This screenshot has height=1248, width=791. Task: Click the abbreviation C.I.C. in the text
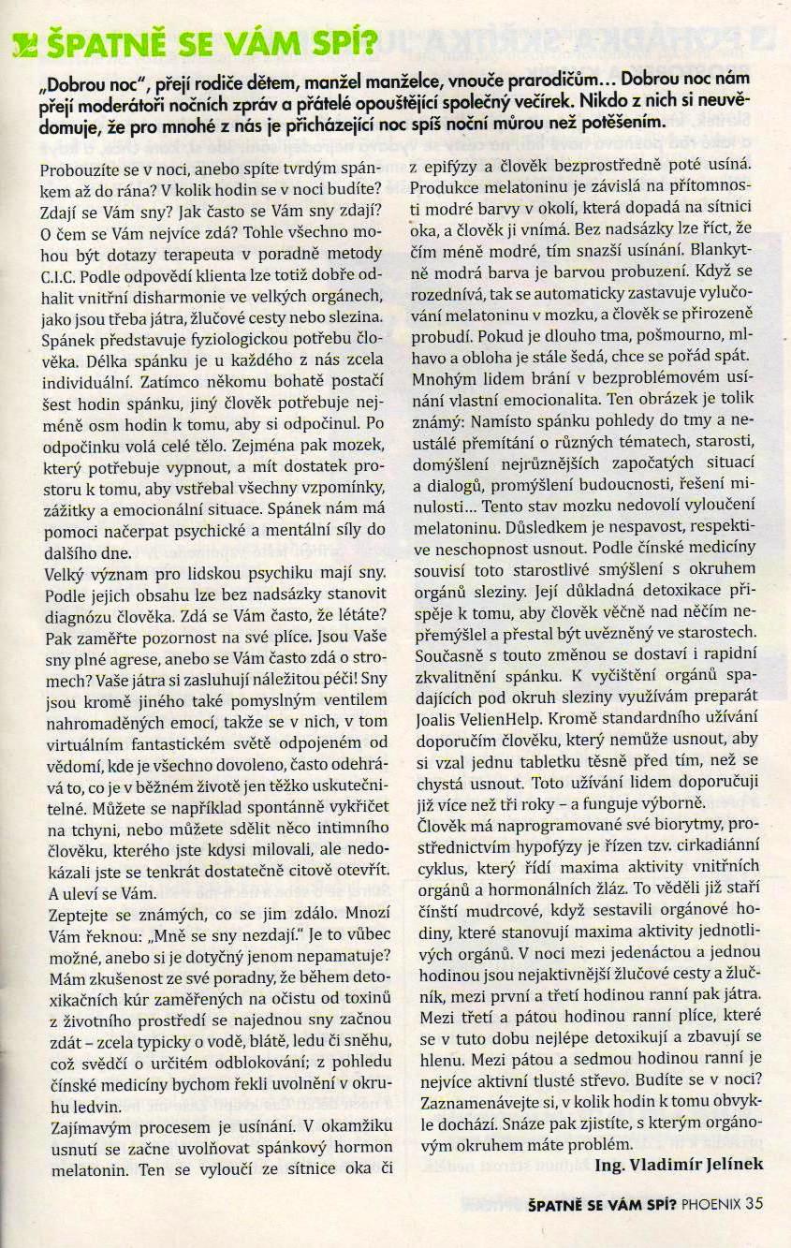63,277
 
